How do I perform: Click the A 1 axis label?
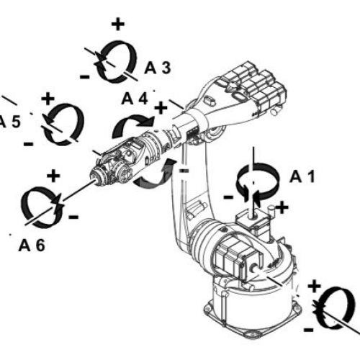pos(302,177)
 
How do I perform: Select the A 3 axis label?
pos(158,68)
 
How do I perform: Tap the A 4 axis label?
pos(135,99)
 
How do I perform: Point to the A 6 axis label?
pos(32,246)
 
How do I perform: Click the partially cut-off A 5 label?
pos(9,122)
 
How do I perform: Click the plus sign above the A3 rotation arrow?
pos(118,24)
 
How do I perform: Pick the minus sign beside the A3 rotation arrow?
pos(85,77)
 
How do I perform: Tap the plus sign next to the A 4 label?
pos(161,108)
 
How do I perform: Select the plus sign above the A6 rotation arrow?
pos(53,176)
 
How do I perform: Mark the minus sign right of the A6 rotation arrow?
pos(73,217)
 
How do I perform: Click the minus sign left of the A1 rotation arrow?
pos(228,197)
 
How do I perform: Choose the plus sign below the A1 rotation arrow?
pos(282,207)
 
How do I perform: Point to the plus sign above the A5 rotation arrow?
pos(48,99)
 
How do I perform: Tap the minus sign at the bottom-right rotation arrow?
pos(309,330)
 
